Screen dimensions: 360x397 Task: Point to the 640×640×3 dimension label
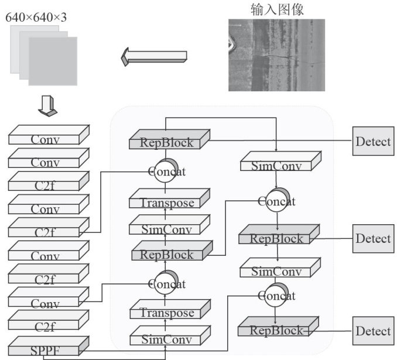pyautogui.click(x=36, y=17)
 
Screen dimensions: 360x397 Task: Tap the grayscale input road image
pyautogui.click(x=276, y=55)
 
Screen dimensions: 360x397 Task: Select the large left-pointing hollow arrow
pyautogui.click(x=154, y=57)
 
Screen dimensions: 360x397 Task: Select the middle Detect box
pyautogui.click(x=372, y=238)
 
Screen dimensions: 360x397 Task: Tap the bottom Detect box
pyautogui.click(x=372, y=331)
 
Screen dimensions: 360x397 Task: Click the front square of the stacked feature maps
pyautogui.click(x=53, y=60)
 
